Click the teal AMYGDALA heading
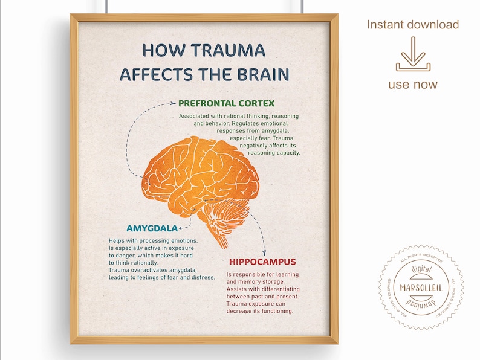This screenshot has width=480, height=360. (152, 228)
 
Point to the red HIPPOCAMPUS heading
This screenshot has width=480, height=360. (262, 262)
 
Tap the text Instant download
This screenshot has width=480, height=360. (413, 25)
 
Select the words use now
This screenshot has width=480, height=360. (413, 85)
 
